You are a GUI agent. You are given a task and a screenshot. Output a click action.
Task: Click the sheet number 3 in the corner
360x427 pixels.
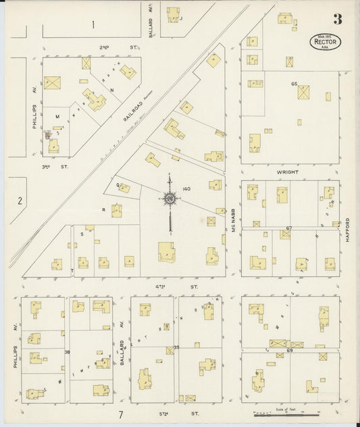pyautogui.click(x=337, y=20)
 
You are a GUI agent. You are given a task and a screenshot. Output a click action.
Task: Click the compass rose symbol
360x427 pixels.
pyautogui.click(x=170, y=199)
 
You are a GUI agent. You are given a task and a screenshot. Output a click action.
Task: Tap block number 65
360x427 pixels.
pyautogui.click(x=294, y=83)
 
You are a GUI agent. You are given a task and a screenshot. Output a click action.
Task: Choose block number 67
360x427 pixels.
pyautogui.click(x=288, y=228)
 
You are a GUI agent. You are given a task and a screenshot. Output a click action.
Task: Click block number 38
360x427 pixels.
pyautogui.click(x=67, y=351)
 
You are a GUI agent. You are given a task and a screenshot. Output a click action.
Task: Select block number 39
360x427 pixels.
pyautogui.click(x=176, y=347)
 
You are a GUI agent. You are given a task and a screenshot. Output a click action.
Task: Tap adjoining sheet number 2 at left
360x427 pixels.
pyautogui.click(x=20, y=200)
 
